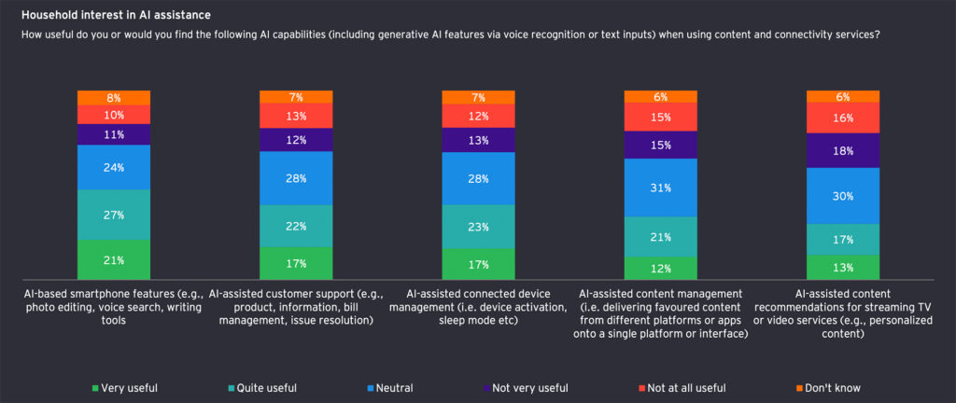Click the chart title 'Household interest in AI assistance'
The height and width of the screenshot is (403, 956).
(x=116, y=15)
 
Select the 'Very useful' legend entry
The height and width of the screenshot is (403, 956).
(x=125, y=387)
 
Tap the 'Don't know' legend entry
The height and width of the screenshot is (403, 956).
(x=830, y=387)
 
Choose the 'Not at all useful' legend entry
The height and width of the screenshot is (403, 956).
(x=688, y=387)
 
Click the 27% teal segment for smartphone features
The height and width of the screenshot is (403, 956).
(x=114, y=215)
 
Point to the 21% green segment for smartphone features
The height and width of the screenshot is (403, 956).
(x=114, y=260)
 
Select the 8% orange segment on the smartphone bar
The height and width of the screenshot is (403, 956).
(x=114, y=97)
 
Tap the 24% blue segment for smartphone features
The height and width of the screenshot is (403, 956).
(x=114, y=168)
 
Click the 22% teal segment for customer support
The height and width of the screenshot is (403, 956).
(x=296, y=226)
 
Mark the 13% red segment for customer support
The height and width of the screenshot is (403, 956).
(x=296, y=116)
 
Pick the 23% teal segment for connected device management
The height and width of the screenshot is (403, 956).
(x=478, y=227)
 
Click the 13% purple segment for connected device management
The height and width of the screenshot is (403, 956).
(x=478, y=140)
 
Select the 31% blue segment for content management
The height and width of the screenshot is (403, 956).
(x=660, y=188)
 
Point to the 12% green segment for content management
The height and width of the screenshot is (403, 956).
(x=660, y=269)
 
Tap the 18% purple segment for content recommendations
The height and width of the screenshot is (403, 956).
(x=843, y=150)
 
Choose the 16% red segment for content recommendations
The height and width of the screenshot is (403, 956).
(x=843, y=118)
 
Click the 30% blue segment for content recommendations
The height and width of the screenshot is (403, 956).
(x=843, y=196)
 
